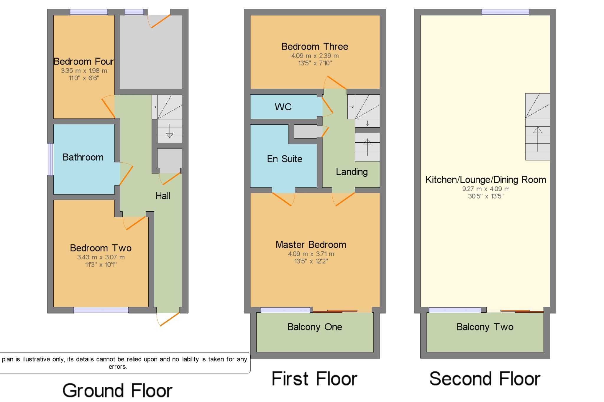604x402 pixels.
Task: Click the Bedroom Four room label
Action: (x=84, y=62)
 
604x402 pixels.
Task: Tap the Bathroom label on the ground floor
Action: (x=83, y=157)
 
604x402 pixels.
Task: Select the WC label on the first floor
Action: (x=283, y=107)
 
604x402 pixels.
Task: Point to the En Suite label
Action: (x=285, y=159)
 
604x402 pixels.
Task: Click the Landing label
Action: (x=352, y=172)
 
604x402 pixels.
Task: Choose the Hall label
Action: (x=163, y=196)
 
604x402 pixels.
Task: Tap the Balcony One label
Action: (x=315, y=327)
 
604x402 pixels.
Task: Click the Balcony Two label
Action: (x=485, y=327)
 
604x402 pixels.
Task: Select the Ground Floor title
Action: (x=117, y=391)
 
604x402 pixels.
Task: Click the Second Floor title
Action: (x=485, y=379)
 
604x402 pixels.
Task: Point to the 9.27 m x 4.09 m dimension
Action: (x=486, y=189)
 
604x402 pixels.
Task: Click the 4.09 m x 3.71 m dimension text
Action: (x=311, y=254)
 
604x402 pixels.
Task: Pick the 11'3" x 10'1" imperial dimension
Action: (x=101, y=265)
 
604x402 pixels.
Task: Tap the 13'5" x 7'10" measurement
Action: (x=315, y=63)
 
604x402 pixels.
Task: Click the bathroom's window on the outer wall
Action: (x=50, y=159)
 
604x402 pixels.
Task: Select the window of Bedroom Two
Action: (x=101, y=310)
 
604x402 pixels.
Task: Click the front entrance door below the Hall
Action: (x=168, y=319)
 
